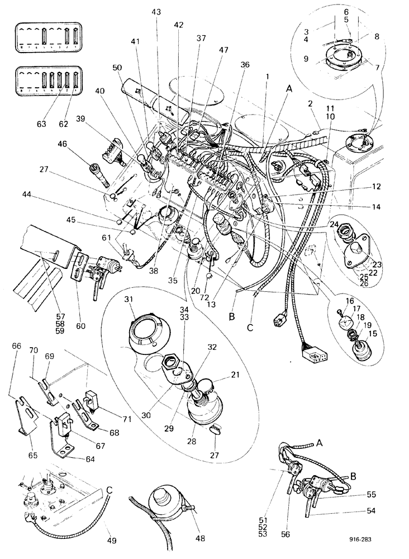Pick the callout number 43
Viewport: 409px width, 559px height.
(x=156, y=13)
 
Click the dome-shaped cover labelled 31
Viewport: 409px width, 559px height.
(x=146, y=334)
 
